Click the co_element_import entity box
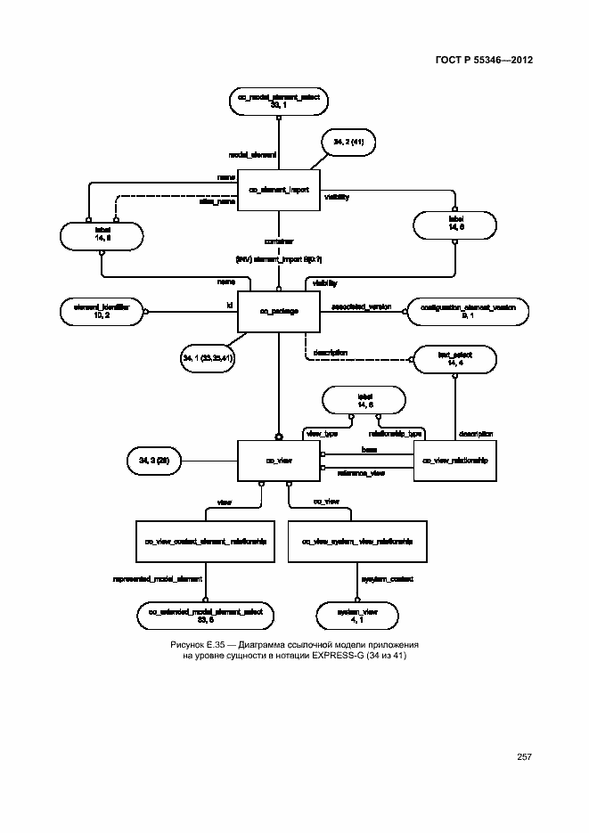coord(277,189)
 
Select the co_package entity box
coord(277,311)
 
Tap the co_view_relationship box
coord(455,460)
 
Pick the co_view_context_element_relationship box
coord(206,541)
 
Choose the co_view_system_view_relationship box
coord(356,541)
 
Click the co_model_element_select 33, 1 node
coord(277,101)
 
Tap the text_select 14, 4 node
coord(454,359)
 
